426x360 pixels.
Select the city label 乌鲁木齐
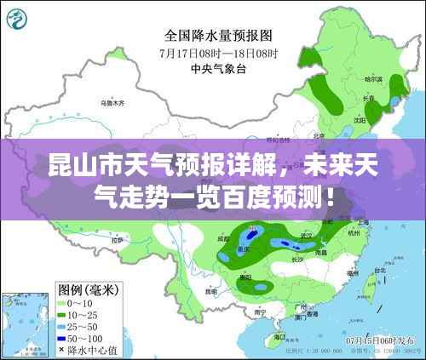(x=112, y=103)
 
